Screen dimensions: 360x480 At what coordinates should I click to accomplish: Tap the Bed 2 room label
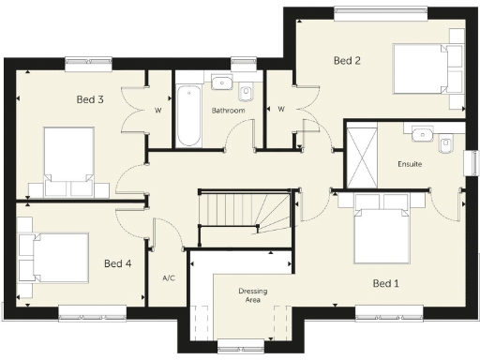point(347,61)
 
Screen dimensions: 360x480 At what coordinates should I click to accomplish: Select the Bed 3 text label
point(90,98)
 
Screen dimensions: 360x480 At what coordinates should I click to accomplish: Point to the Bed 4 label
point(117,263)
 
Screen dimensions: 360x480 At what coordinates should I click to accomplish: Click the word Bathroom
point(228,111)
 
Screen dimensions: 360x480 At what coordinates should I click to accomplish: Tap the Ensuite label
point(410,164)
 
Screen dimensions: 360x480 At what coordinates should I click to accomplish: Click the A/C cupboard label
point(169,278)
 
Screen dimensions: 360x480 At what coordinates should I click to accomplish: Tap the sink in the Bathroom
point(222,82)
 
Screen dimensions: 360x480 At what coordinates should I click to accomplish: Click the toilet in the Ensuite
point(446,143)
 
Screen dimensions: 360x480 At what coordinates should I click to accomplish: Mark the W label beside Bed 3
point(157,110)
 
